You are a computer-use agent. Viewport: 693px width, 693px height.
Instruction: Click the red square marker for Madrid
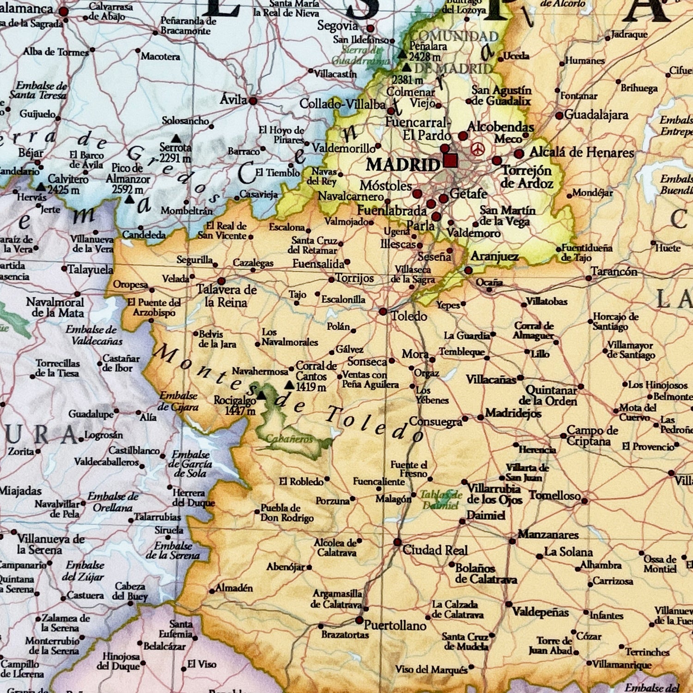(450, 160)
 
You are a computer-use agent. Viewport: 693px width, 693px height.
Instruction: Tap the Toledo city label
(409, 316)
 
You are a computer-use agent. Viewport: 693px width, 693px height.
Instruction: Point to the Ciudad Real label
(435, 550)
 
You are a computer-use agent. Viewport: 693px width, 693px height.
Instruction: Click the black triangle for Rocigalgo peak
(261, 395)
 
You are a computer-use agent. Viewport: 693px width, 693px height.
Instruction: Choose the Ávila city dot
(253, 100)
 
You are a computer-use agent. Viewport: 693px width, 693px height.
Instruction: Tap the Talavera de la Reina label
(226, 296)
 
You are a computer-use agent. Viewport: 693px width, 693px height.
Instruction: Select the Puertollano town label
(395, 626)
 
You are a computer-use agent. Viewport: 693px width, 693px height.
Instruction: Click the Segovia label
(337, 26)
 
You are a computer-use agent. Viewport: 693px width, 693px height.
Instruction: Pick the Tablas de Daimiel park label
(441, 500)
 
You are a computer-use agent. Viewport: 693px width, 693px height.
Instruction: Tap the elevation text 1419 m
(311, 387)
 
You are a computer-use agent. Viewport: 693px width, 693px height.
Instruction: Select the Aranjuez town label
(494, 257)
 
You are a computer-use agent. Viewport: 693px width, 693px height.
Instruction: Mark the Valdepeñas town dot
(509, 604)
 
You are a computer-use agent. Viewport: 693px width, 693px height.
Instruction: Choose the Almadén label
(234, 588)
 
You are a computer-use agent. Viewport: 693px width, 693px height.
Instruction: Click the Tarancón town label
(614, 272)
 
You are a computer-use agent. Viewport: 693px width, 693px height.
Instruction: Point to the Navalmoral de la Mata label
(55, 308)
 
